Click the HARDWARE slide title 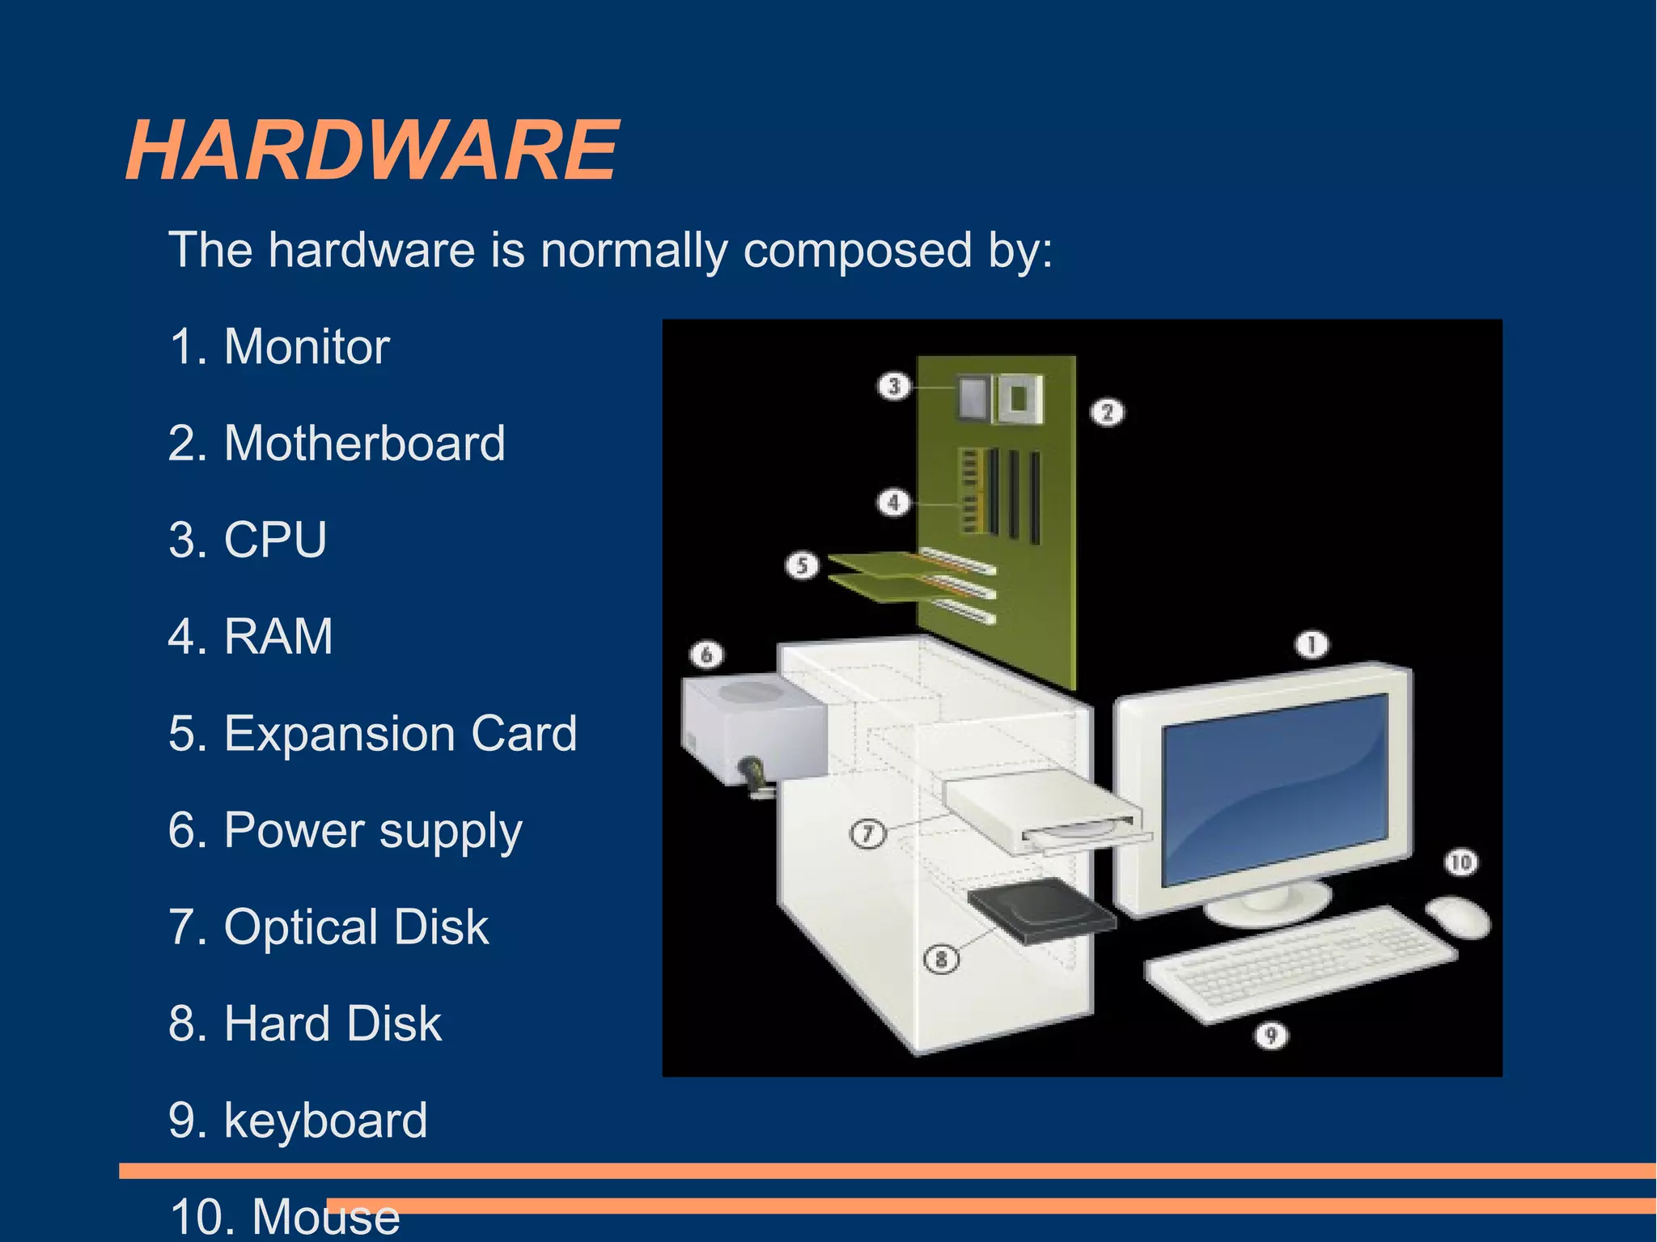[372, 150]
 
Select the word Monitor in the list [307, 347]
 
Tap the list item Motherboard [364, 443]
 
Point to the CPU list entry [275, 540]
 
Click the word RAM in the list [278, 637]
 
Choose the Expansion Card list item [400, 733]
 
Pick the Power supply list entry [373, 831]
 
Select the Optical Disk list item [356, 927]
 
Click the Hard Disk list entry [333, 1024]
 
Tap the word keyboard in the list [325, 1121]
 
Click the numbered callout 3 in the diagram [894, 386]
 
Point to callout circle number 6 [706, 654]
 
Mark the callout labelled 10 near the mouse [1461, 863]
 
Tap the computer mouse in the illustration [1459, 917]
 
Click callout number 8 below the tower [941, 960]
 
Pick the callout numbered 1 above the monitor [1312, 645]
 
